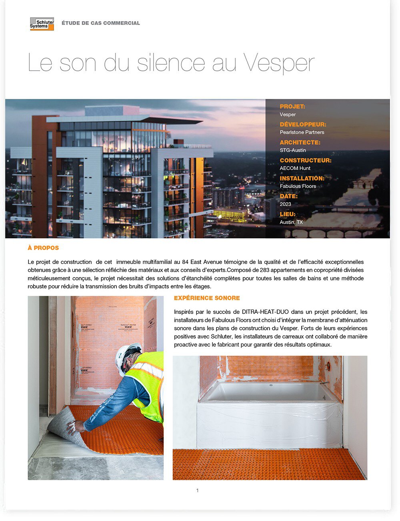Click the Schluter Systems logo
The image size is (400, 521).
[x=42, y=24]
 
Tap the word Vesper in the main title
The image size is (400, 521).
[x=278, y=63]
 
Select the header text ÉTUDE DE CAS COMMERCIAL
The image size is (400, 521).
[x=101, y=23]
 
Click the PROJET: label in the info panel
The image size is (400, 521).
[x=292, y=107]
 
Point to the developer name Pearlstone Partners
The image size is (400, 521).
[x=302, y=132]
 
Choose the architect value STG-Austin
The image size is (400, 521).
[x=293, y=150]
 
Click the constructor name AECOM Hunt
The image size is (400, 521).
[x=295, y=168]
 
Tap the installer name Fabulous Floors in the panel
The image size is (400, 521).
[x=298, y=186]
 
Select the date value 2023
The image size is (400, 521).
[x=285, y=204]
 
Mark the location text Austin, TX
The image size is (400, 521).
[x=291, y=222]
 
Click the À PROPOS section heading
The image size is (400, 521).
[x=43, y=248]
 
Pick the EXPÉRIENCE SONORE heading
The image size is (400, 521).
[x=207, y=298]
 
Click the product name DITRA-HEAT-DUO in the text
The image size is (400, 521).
[x=264, y=312]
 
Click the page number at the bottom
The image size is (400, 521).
[x=197, y=491]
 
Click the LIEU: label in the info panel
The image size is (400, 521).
[x=288, y=214]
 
